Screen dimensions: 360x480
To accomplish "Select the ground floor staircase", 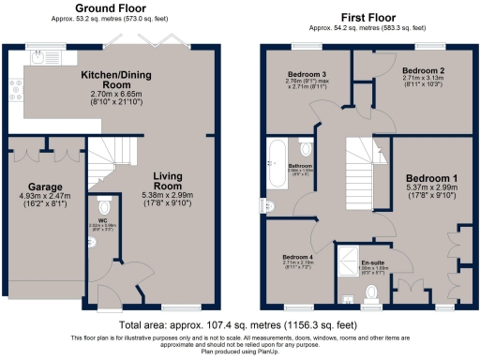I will click(x=105, y=159).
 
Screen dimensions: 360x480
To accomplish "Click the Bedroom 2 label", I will click(x=422, y=71).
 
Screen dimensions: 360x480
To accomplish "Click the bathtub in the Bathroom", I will click(x=277, y=161).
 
